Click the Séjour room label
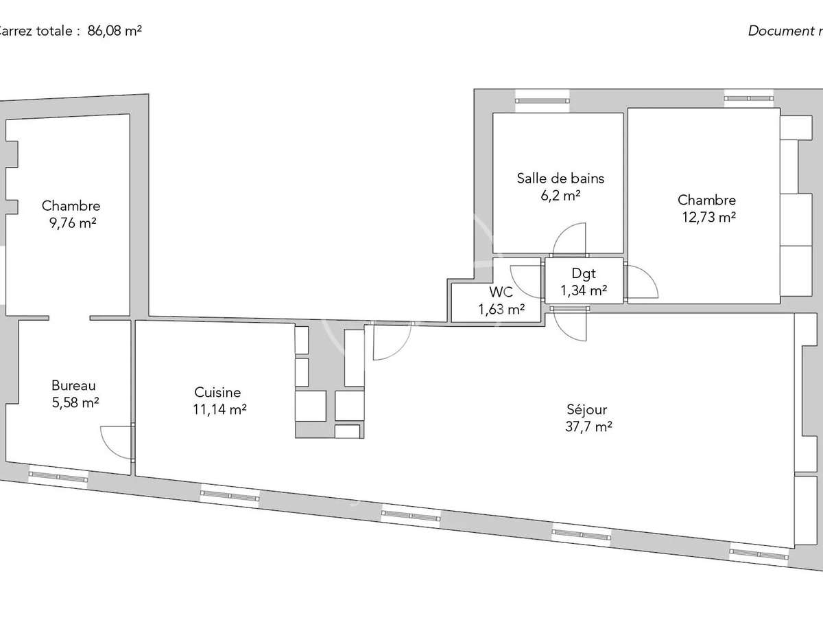click(x=586, y=410)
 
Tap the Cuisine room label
click(x=217, y=393)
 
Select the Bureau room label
click(x=73, y=386)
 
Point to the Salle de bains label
click(x=560, y=179)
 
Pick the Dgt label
click(x=584, y=273)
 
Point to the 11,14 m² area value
click(x=219, y=410)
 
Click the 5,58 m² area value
click(x=75, y=403)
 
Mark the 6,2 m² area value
click(x=560, y=195)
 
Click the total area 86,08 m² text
click(x=115, y=31)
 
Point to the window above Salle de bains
click(x=542, y=100)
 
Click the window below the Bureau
click(x=58, y=476)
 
